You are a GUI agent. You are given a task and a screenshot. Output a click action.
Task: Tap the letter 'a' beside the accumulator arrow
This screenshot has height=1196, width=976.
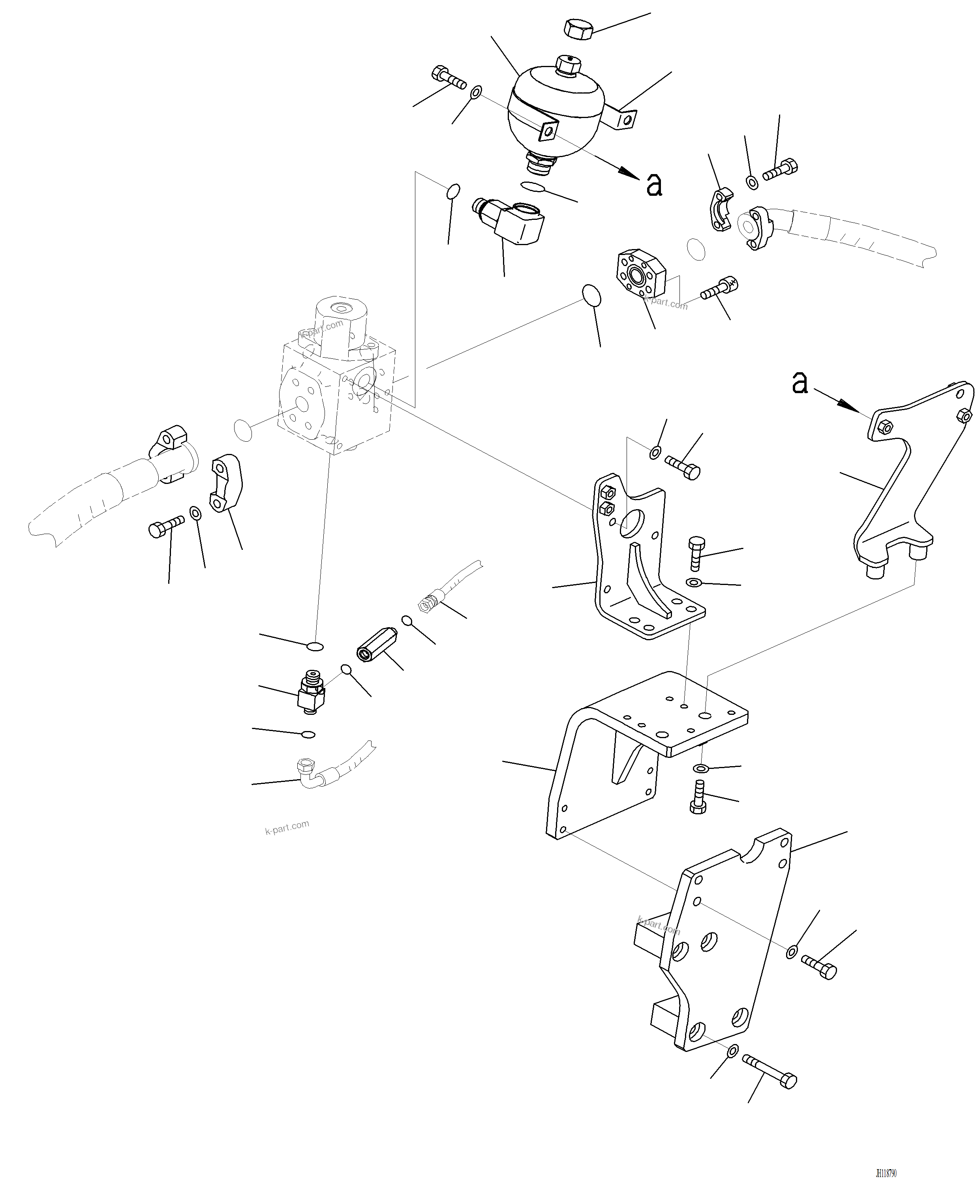click(654, 184)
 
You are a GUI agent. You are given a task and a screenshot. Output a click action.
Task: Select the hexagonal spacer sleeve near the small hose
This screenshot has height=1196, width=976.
click(377, 644)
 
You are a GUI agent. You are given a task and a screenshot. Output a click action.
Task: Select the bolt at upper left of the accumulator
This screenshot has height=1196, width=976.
click(449, 77)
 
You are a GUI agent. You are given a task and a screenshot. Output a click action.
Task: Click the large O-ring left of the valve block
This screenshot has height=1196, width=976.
click(243, 431)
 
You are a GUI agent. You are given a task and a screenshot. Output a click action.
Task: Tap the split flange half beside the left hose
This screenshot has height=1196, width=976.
click(227, 484)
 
